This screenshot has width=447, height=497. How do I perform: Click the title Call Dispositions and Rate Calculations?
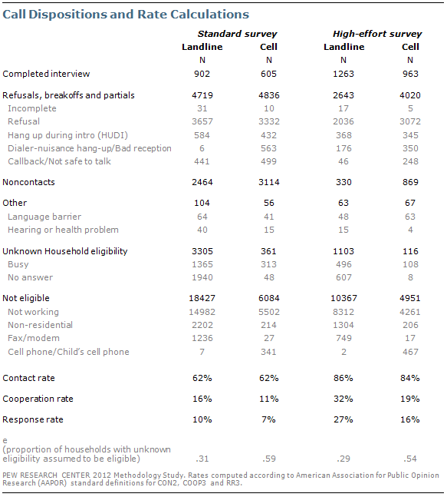click(x=126, y=15)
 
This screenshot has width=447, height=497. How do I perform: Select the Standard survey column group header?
click(x=237, y=34)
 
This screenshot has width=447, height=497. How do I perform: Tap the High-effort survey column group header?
click(x=377, y=34)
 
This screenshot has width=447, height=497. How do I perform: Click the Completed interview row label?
click(x=46, y=74)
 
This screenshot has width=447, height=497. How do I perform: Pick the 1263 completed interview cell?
click(x=343, y=74)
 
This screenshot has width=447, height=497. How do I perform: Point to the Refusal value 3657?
click(x=202, y=121)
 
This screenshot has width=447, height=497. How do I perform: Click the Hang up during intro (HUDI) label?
click(x=67, y=135)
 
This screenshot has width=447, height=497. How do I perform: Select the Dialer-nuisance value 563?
click(x=268, y=148)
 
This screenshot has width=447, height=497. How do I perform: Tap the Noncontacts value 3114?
click(x=269, y=182)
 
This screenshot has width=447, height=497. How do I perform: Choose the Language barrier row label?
click(x=44, y=217)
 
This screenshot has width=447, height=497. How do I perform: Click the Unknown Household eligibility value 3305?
click(x=202, y=251)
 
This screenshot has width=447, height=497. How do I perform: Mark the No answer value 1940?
click(x=202, y=277)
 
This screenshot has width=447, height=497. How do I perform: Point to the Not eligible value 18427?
click(x=202, y=298)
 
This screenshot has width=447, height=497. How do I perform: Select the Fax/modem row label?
click(x=34, y=338)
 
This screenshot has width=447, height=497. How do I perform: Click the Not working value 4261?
click(x=410, y=312)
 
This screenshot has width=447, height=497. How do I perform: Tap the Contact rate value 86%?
click(x=343, y=378)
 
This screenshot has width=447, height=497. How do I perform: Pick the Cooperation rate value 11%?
click(x=269, y=399)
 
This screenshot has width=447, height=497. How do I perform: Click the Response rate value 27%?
click(x=343, y=419)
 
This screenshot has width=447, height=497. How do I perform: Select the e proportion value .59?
click(x=269, y=459)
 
